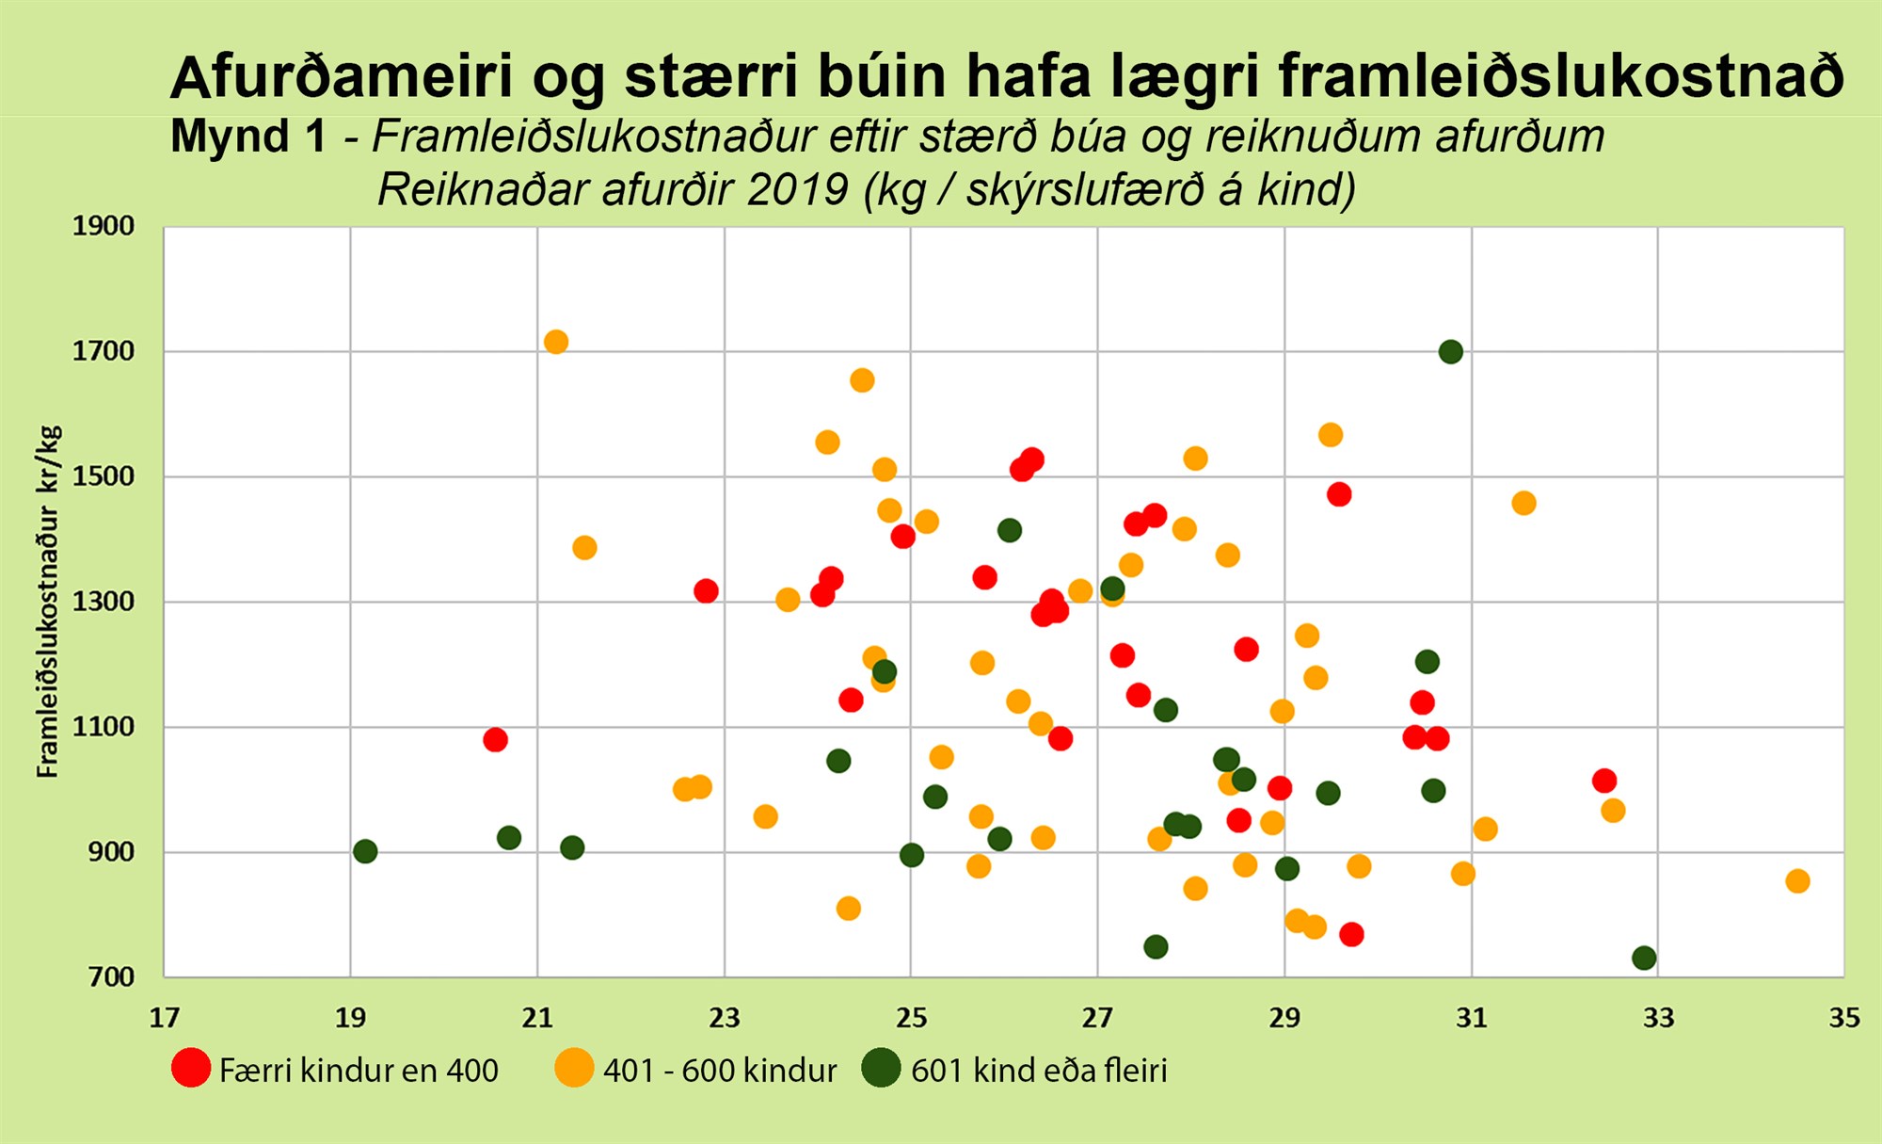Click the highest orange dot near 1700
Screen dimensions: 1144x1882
pos(556,342)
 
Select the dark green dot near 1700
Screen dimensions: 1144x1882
pos(1451,352)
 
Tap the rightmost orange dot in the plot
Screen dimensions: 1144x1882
pos(1797,881)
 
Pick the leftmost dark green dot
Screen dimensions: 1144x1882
pos(365,851)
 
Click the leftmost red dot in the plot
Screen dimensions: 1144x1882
pos(495,740)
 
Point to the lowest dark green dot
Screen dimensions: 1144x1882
pos(1644,959)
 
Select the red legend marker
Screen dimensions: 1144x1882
pos(191,1068)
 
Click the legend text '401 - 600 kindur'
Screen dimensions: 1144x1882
pos(720,1071)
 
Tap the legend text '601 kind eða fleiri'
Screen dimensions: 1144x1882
pos(1039,1071)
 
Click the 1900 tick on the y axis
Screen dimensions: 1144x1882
pos(104,226)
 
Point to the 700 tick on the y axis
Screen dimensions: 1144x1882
pos(112,977)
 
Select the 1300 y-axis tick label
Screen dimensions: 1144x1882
pos(104,601)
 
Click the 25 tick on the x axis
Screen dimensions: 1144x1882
pos(911,1018)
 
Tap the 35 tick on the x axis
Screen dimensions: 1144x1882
pos(1844,1018)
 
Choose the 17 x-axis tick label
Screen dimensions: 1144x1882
pos(165,1018)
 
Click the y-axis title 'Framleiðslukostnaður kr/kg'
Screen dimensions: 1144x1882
pos(48,602)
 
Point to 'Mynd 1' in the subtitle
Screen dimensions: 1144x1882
pos(248,137)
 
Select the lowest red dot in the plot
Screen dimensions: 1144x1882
pos(1351,934)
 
